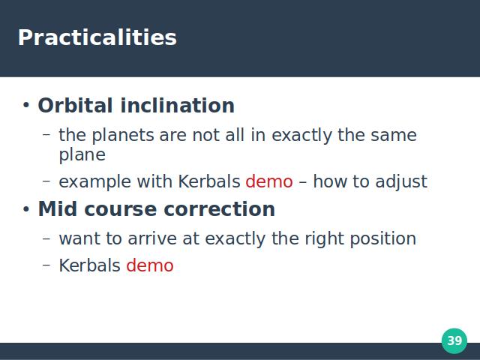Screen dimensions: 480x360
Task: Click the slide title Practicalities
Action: [x=97, y=37]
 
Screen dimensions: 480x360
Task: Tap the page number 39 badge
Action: [x=454, y=340]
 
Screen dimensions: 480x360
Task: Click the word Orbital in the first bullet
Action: [x=75, y=106]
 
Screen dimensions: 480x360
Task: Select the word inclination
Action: [x=178, y=106]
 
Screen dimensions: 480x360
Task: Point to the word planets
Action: [x=123, y=135]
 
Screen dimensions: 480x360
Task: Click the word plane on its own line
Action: [x=82, y=155]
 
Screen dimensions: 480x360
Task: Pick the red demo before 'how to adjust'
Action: [x=269, y=181]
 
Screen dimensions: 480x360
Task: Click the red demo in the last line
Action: [x=150, y=265]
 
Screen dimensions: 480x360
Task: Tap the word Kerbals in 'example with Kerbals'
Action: [x=209, y=181]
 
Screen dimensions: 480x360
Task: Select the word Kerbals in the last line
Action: [x=90, y=265]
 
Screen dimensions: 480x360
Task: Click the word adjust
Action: [x=401, y=182]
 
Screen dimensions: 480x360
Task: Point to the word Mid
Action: [x=57, y=209]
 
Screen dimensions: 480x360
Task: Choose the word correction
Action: [x=220, y=209]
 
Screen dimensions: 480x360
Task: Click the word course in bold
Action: [x=120, y=210]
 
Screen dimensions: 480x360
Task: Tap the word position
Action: [x=383, y=239]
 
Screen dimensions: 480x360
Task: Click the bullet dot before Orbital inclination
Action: [x=26, y=106]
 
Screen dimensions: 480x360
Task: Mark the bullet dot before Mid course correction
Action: [x=26, y=210]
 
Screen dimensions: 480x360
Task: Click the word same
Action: [x=394, y=136]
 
